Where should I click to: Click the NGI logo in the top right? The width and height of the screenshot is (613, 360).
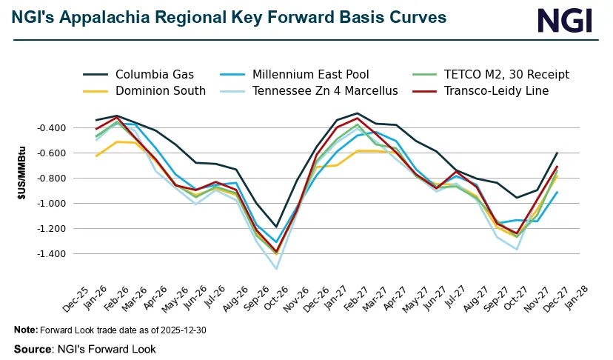[x=565, y=20]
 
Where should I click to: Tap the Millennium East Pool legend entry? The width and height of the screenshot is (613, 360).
[x=309, y=74]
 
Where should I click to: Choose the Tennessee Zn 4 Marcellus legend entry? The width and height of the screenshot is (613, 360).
[x=325, y=91]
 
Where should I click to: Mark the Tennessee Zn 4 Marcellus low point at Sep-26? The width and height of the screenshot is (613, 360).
[x=276, y=268]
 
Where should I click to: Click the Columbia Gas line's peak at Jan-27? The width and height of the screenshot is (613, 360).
[x=358, y=113]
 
